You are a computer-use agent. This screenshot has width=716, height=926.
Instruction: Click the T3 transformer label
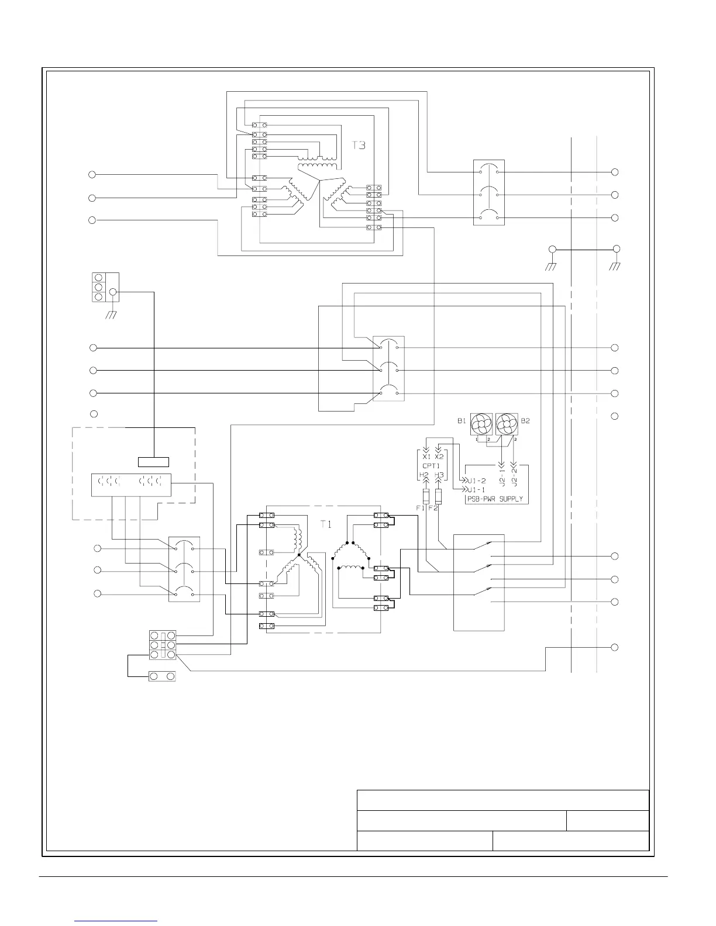(x=359, y=145)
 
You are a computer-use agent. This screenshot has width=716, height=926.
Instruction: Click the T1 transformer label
(x=326, y=524)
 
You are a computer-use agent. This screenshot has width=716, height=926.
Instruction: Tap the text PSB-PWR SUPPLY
(x=494, y=499)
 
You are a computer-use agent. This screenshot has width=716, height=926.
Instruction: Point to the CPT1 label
(x=431, y=467)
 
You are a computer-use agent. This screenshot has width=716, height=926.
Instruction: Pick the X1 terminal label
(x=426, y=457)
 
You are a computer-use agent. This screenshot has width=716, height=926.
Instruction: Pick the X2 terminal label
(x=439, y=457)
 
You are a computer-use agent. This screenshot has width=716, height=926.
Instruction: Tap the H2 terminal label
(x=425, y=475)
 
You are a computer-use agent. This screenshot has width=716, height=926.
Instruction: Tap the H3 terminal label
(x=439, y=475)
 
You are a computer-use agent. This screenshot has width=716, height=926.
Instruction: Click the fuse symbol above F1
(x=426, y=497)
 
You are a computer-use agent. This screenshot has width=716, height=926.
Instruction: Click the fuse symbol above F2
(x=439, y=497)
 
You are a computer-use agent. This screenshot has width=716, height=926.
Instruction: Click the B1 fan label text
(x=461, y=420)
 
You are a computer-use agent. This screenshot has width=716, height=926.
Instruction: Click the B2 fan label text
(x=525, y=420)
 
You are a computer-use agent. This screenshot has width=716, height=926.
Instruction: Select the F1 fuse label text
(x=420, y=509)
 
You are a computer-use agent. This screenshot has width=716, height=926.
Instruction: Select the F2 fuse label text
(x=433, y=509)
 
